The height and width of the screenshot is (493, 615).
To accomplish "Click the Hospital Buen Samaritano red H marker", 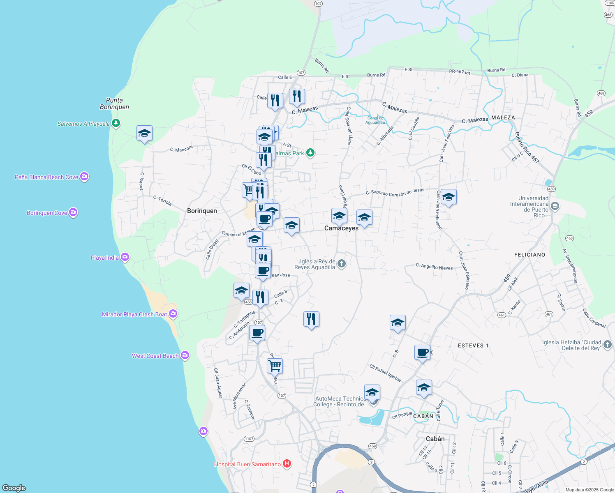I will pos(287,464).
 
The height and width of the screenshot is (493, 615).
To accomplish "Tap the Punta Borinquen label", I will pos(114,104).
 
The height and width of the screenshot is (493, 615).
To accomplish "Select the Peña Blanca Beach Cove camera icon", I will pos(84,177).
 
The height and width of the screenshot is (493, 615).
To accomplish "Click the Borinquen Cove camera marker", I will pos(73,212).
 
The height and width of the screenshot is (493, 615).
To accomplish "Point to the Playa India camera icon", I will pos(125,257).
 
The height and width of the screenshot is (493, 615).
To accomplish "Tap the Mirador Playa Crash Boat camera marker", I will pos(173,314).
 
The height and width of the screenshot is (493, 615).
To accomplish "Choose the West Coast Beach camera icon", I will pos(185,355).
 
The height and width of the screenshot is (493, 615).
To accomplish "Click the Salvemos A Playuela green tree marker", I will pos(116,123).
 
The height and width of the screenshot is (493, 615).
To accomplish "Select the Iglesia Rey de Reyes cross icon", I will pos(341,264).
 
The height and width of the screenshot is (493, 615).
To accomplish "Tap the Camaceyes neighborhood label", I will pos(341,228).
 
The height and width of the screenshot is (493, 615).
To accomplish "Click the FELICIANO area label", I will pos(529,255).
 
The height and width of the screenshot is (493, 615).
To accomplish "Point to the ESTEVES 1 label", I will pos(473,346).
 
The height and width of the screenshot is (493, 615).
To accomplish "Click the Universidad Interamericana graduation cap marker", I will pos(555,206).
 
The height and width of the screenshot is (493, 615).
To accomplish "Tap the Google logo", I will pos(14,488).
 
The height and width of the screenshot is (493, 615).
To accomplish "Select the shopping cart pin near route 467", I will pos(275,365).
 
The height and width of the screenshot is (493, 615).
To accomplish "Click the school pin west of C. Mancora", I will pos(144,134).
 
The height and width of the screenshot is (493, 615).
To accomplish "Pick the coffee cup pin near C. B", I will pos(422,352).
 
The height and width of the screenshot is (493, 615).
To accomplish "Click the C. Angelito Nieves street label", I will pos(434,267).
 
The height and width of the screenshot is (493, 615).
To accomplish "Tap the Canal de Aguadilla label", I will pos(375,120).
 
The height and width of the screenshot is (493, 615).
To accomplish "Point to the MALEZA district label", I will pos(503,117).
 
